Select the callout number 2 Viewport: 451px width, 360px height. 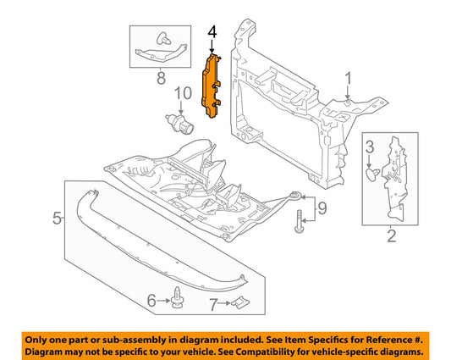(x=389, y=237)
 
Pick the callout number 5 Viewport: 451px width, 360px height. (x=56, y=219)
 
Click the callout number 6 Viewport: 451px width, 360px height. (x=151, y=300)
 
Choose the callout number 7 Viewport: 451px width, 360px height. (x=214, y=303)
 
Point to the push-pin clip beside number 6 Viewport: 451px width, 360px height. (x=177, y=298)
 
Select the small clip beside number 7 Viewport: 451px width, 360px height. (x=240, y=302)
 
